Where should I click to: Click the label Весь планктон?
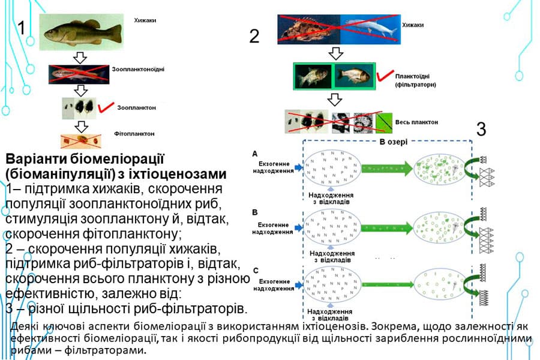click(416, 122)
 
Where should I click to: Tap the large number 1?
click(22, 28)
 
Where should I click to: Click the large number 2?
click(254, 36)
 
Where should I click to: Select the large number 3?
click(481, 128)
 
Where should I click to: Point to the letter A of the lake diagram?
click(254, 154)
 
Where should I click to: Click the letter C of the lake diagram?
click(255, 270)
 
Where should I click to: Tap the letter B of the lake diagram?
click(255, 212)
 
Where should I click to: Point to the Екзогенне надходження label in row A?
click(275, 167)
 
